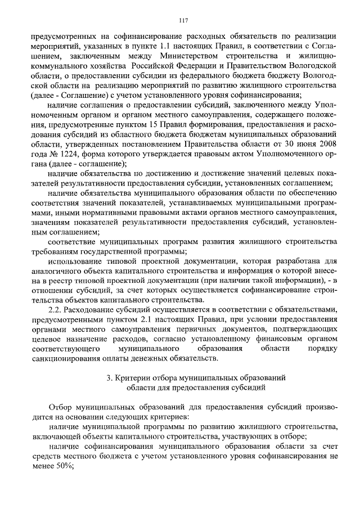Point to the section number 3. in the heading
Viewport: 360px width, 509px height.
click(110, 379)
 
